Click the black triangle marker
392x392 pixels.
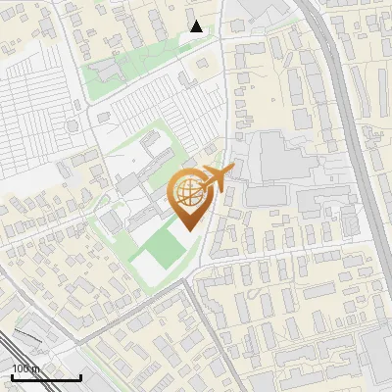(x=196, y=26)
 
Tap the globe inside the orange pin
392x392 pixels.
(x=189, y=192)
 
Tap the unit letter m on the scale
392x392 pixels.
(x=36, y=368)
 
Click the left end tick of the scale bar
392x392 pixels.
(x=12, y=374)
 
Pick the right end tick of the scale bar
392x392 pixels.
(x=80, y=374)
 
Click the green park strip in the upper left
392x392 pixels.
(x=118, y=71)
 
